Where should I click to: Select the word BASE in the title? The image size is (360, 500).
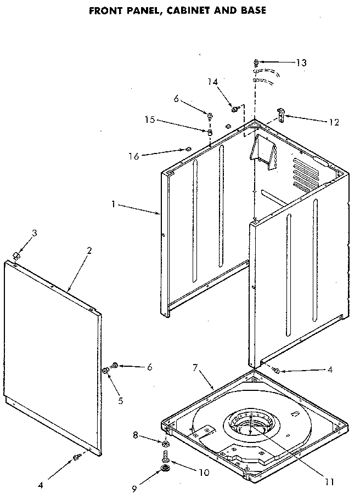point(250,10)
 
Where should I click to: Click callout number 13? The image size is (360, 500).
point(301,63)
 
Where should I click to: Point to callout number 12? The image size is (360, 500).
point(333,122)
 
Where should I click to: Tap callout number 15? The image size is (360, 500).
point(149,118)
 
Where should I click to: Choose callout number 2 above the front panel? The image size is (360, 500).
point(89,250)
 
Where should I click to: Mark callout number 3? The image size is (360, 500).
point(34,233)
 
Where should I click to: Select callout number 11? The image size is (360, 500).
point(329,482)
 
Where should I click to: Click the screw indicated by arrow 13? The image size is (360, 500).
point(256,62)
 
